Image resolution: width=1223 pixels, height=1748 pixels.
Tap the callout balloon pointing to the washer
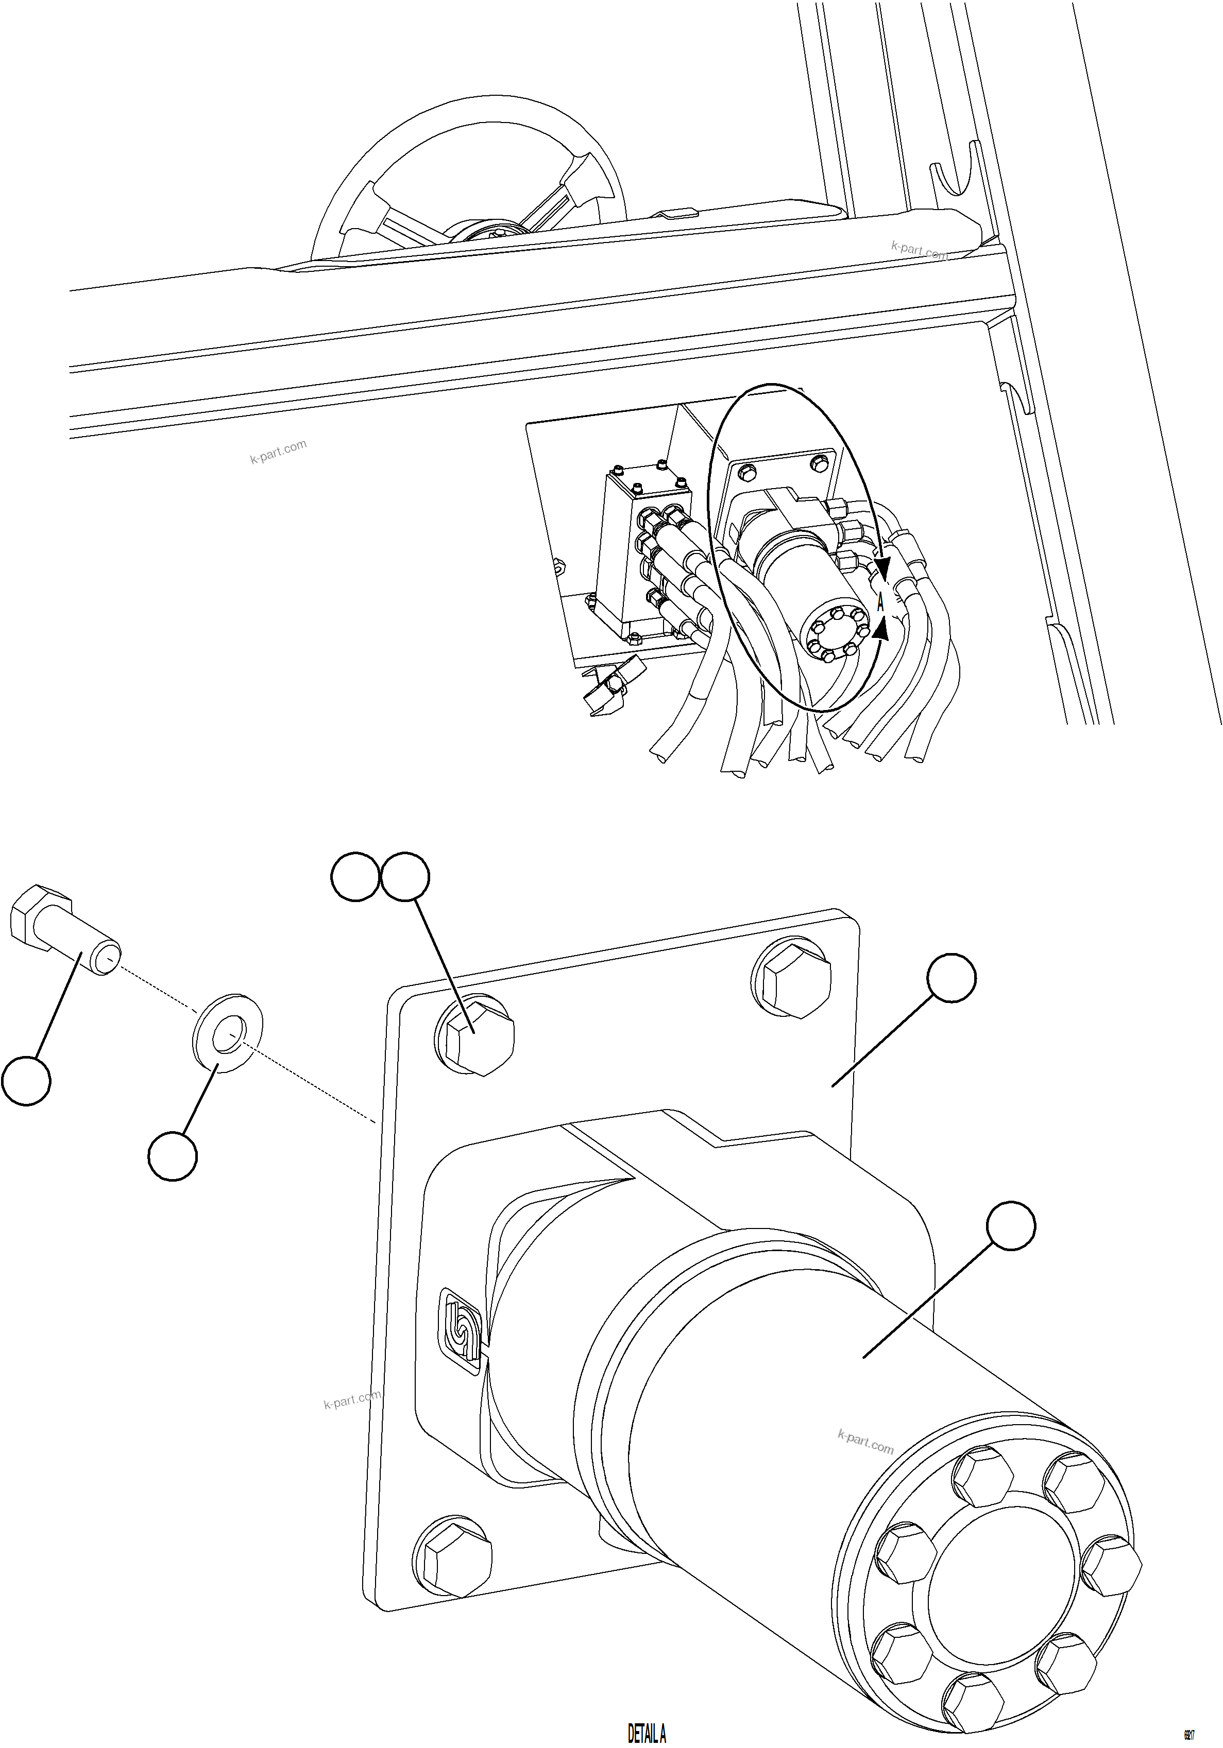point(173,1156)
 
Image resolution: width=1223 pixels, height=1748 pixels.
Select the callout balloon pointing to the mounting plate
point(951,978)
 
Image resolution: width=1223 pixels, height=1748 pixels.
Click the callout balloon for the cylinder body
point(1011,1226)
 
